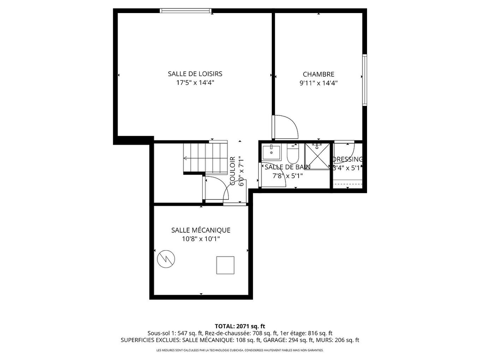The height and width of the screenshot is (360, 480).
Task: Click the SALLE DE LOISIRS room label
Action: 195,74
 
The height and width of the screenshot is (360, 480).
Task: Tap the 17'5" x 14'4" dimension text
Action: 195,83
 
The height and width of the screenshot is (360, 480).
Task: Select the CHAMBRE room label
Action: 318,74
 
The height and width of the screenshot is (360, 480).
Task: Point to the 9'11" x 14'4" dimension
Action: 318,83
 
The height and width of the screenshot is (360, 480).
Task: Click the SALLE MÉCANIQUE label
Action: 200,230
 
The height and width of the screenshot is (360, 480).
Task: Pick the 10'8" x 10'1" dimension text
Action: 200,239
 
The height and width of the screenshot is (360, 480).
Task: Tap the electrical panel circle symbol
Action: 166,259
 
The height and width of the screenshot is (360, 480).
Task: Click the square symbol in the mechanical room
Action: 225,265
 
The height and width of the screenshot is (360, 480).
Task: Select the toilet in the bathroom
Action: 293,154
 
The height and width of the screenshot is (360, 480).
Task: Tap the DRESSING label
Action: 348,159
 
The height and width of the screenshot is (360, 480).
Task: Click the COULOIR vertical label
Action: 233,171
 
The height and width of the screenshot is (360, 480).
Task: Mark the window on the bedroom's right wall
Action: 365,80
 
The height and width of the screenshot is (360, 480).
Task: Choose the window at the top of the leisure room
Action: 186,11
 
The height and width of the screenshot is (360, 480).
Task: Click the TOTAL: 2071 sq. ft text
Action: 240,326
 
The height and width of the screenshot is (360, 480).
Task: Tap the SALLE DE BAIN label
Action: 287,167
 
